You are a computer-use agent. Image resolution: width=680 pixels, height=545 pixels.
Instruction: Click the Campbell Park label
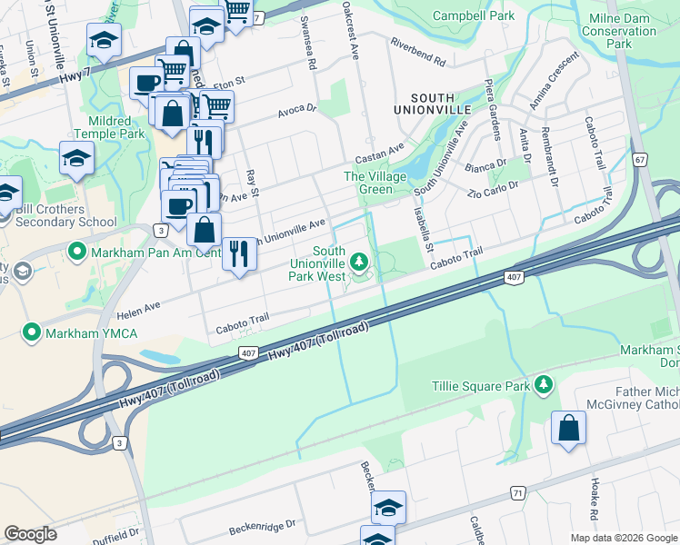coord(474,15)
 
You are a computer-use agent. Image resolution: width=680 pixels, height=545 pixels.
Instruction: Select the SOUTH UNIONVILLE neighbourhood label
coord(440,103)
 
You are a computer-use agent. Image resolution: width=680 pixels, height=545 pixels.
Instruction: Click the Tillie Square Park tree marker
coord(544,385)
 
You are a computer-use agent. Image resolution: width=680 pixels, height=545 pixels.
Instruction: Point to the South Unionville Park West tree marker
coord(360,263)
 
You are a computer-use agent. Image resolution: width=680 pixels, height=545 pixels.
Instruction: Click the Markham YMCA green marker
coord(33,333)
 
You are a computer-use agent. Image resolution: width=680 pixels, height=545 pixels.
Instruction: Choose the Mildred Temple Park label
coord(116,127)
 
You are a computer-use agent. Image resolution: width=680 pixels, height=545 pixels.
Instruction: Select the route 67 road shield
coord(641,160)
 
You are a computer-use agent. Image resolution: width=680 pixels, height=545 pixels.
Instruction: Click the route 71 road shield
coord(518,492)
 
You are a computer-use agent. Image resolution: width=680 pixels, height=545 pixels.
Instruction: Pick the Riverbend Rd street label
coord(417,53)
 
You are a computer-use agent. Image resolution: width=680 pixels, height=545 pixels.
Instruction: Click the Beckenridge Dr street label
coord(263,525)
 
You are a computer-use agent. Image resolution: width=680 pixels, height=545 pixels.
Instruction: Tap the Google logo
coord(31,534)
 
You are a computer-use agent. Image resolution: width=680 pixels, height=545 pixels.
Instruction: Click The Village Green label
coord(367,183)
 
